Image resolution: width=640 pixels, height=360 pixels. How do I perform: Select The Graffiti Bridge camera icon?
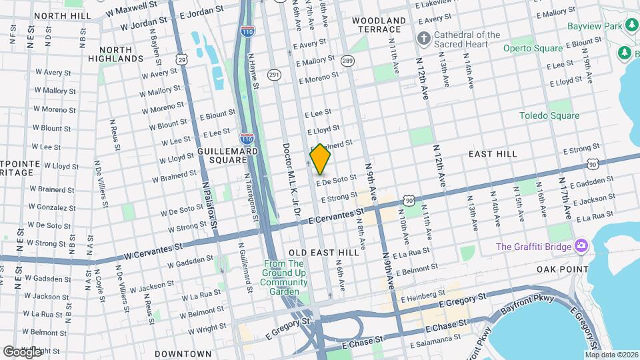pos(581,247)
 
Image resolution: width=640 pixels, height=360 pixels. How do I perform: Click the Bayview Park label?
pos(594,25)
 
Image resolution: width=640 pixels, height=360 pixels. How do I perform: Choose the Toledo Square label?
pos(549,115)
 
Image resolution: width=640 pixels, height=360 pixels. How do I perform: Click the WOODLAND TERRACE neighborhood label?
pos(378,25)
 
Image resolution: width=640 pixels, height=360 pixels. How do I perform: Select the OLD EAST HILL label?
pos(324,253)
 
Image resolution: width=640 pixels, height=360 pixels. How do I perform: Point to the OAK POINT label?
pos(562,269)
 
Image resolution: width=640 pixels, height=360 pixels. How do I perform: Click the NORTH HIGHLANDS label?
pos(121,54)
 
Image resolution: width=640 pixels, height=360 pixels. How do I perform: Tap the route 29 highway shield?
pos(181,59)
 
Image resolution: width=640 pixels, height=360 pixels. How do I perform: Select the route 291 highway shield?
pos(273,75)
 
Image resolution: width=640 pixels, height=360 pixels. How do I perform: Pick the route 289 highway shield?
pos(347,61)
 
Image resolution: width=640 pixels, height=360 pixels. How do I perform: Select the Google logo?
pos(22,351)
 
